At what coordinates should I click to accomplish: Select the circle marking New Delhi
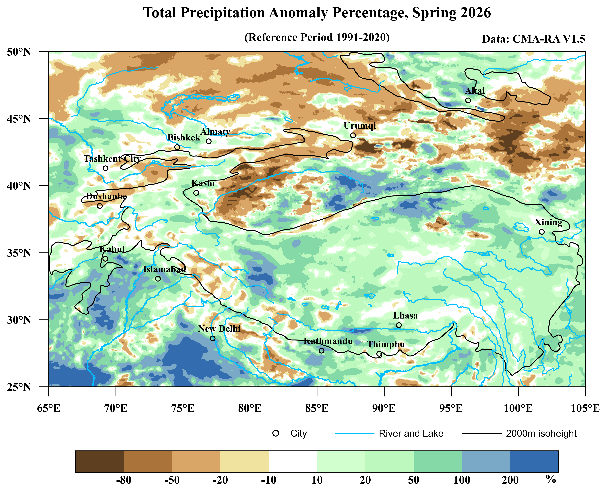[x=213, y=338]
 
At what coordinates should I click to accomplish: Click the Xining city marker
[x=542, y=232]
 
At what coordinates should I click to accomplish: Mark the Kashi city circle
[x=196, y=193]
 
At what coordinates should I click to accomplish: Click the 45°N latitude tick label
[x=19, y=119]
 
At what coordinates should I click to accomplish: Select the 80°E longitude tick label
[x=250, y=408]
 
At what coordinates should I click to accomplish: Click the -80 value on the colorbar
[x=124, y=480]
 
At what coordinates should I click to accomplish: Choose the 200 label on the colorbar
[x=510, y=480]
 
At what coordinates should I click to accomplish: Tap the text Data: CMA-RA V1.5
[x=533, y=39]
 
